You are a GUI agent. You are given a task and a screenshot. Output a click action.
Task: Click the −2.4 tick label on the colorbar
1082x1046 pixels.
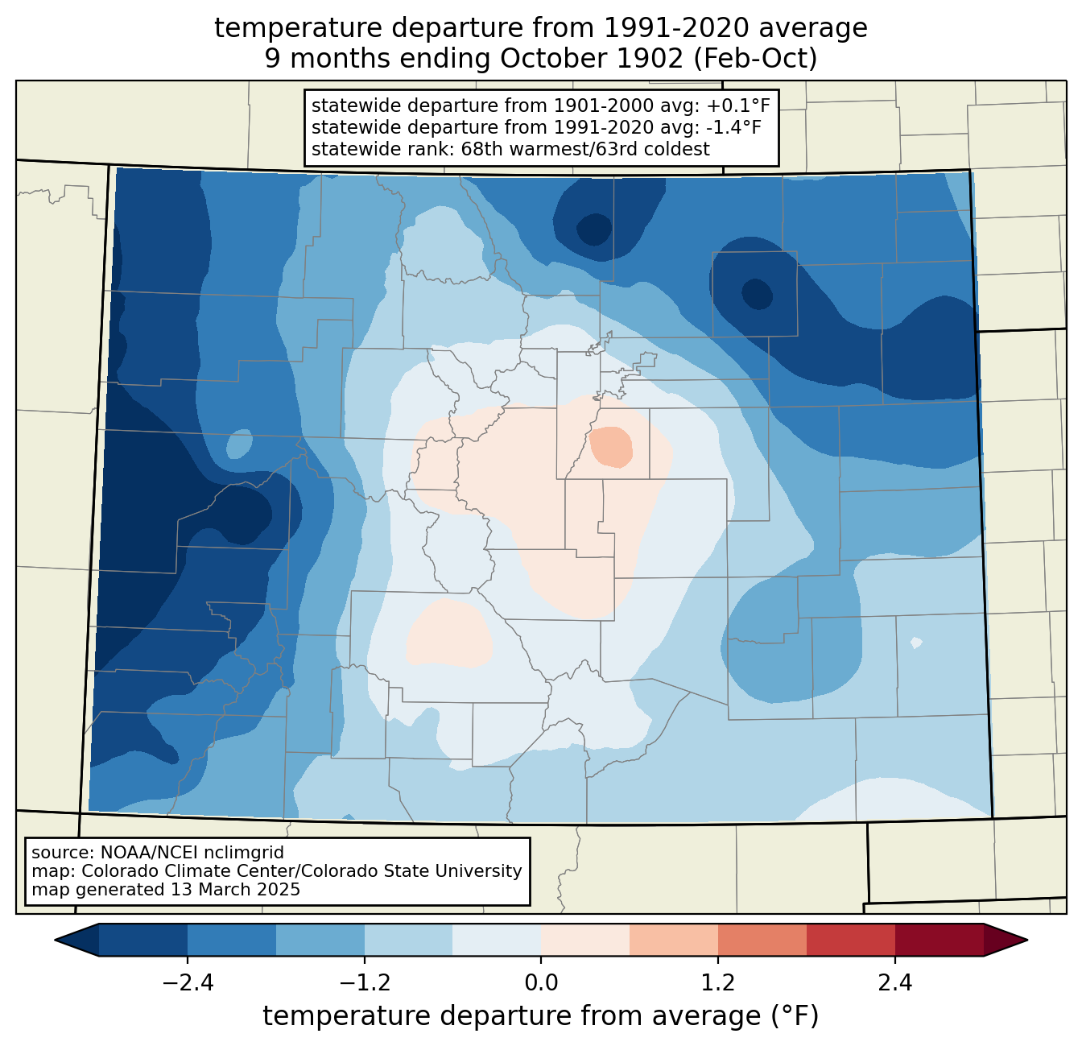188,983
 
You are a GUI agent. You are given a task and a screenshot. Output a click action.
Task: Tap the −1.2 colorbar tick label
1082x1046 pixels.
364,983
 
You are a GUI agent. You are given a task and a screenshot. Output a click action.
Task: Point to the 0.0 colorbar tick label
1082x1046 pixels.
541,983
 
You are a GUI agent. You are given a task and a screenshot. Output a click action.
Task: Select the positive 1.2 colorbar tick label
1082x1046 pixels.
718,983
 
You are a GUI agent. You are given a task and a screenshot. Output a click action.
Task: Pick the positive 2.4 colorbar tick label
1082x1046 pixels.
894,983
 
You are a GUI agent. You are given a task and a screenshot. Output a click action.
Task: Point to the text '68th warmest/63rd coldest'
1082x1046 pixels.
585,149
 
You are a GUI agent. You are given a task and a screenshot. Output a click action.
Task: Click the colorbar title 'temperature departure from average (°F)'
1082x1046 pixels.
540,1015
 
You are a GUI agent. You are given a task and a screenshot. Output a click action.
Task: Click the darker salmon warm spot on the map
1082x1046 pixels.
610,447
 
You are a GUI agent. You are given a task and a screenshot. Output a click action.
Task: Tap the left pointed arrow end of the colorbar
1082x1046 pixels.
76,941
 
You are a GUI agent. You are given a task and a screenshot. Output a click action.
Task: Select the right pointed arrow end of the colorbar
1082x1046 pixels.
1006,941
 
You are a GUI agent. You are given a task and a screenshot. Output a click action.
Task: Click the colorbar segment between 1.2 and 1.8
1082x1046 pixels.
762,941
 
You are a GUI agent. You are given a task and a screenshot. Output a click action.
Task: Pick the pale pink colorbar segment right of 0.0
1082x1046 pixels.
585,941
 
